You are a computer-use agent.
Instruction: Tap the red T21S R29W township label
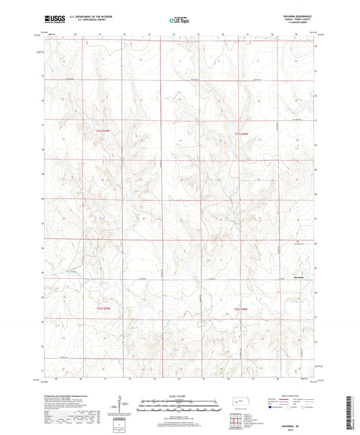tap(102, 130)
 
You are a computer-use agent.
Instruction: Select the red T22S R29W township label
tap(102, 309)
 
